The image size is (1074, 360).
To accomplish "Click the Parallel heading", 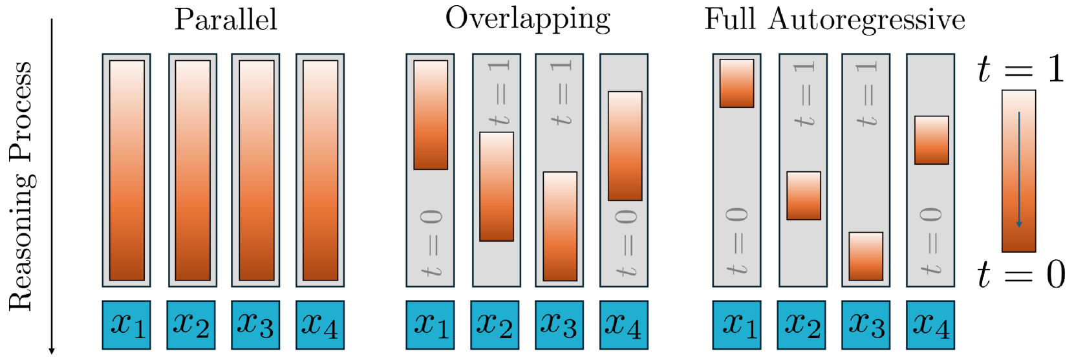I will [226, 19].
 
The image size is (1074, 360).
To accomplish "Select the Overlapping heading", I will [528, 19].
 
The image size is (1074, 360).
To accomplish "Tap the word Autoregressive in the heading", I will [866, 20].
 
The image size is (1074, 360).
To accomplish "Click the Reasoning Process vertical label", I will [21, 186].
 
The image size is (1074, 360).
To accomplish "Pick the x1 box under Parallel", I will [127, 324].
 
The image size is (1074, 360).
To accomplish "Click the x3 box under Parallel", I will [255, 324].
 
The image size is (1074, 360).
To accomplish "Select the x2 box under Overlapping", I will [495, 324].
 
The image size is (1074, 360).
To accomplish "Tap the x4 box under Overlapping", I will [624, 324].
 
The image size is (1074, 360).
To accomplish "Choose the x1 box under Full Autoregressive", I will [736, 324].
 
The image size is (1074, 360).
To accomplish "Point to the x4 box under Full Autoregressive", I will [930, 324].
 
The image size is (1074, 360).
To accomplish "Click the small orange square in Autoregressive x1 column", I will [736, 83].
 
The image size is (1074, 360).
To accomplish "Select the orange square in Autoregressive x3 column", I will [866, 256].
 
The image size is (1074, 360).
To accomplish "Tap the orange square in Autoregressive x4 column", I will [932, 140].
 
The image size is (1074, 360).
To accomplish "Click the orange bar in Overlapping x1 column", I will [431, 115].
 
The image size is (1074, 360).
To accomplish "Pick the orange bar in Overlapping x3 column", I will [560, 226].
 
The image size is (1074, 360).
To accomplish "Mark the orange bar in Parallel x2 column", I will [193, 170].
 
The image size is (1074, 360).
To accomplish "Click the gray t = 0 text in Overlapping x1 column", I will [431, 242].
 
